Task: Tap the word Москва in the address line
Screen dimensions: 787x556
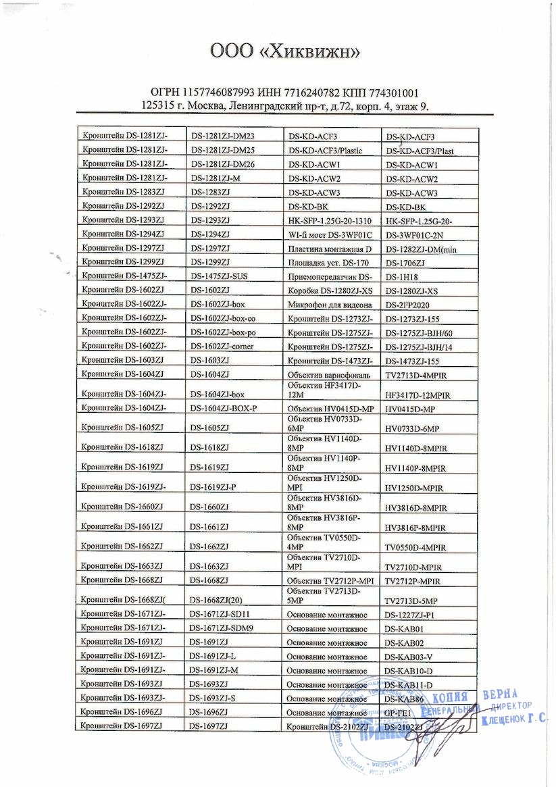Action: (203, 106)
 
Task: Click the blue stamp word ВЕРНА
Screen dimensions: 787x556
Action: (500, 695)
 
